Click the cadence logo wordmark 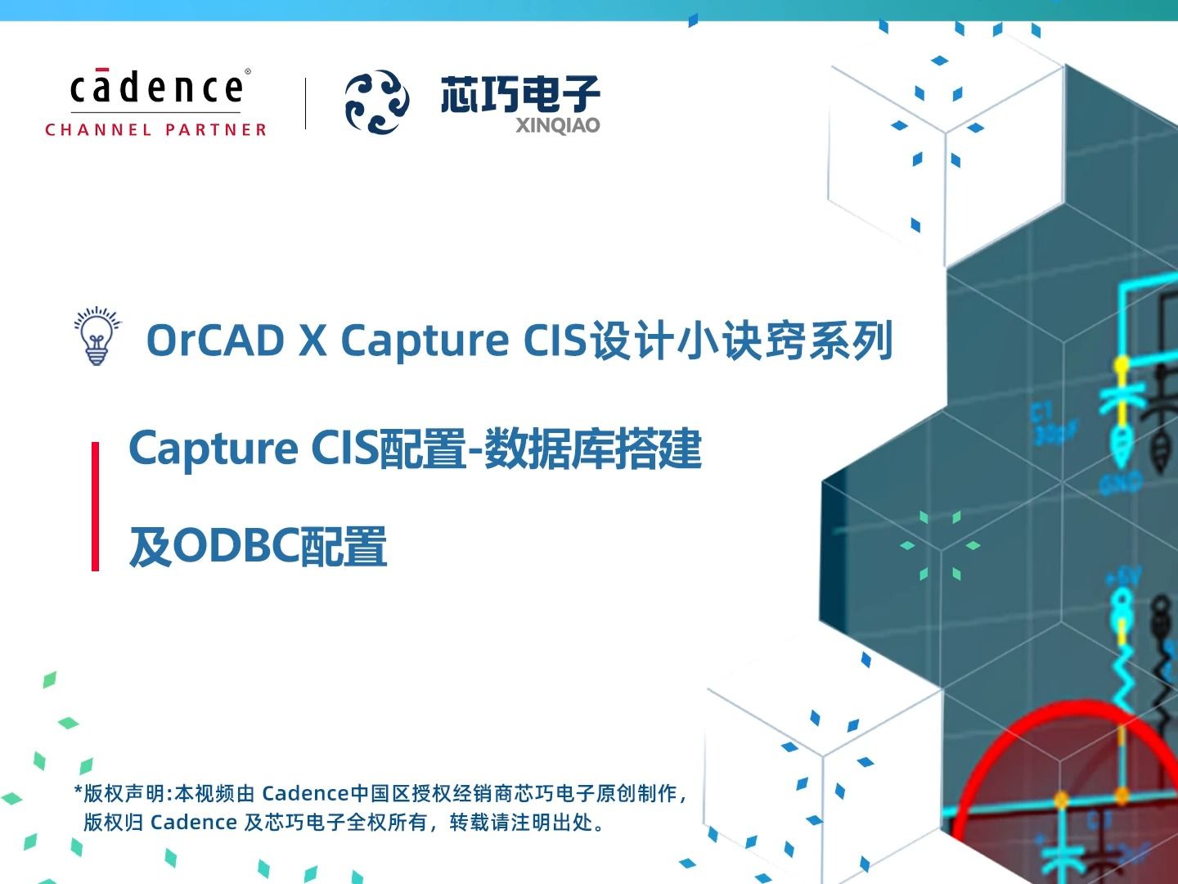[155, 88]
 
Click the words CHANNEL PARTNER [155, 130]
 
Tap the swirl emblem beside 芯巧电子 [376, 102]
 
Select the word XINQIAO [557, 125]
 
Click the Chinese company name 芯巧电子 [520, 94]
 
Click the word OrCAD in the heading [215, 341]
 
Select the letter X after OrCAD [312, 341]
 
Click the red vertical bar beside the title [96, 506]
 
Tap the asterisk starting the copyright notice [79, 792]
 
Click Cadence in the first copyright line [305, 793]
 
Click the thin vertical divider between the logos [305, 103]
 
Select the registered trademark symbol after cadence [248, 71]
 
